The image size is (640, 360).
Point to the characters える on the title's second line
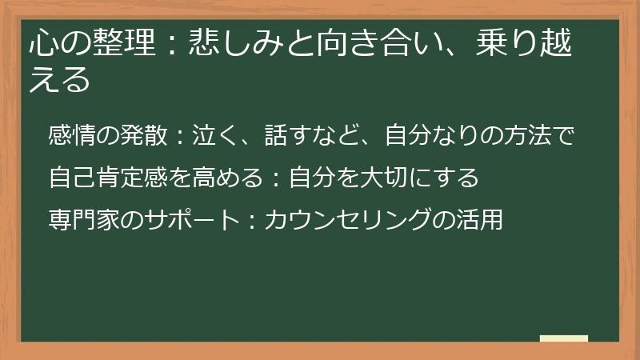click(58, 81)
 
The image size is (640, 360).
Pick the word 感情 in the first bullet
click(72, 137)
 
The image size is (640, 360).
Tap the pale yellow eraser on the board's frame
click(564, 338)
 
